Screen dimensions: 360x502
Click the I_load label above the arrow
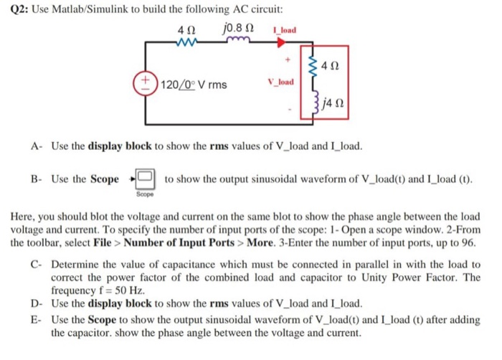[285, 30]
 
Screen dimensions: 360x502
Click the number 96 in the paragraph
[463, 243]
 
